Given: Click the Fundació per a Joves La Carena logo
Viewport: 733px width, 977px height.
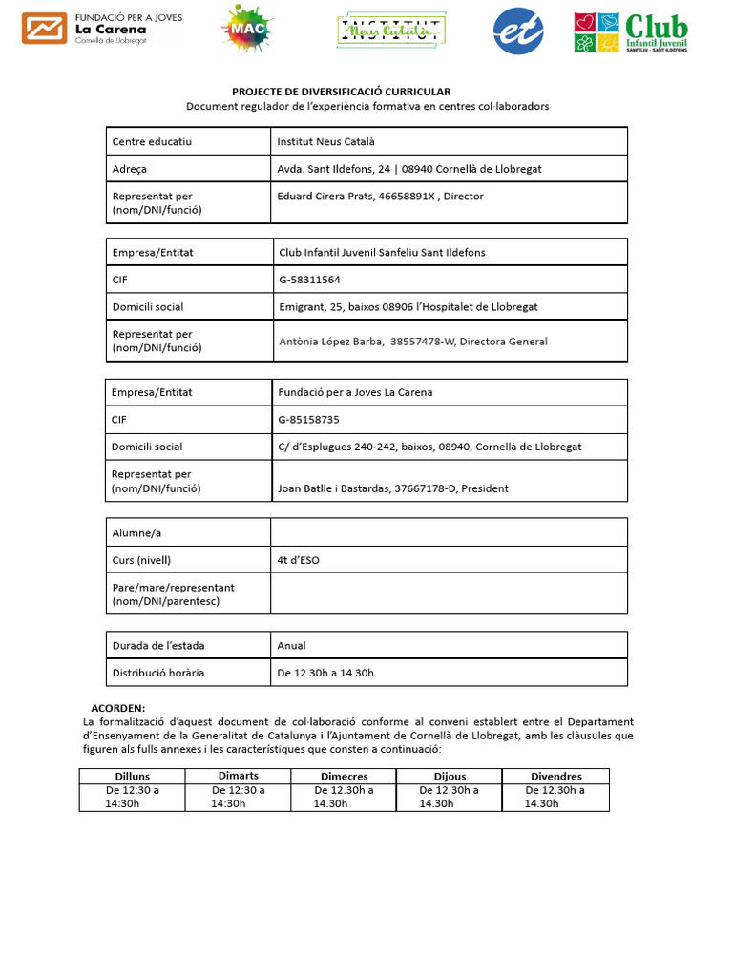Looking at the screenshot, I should (101, 30).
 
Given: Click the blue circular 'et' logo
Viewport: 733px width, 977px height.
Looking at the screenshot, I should (518, 31).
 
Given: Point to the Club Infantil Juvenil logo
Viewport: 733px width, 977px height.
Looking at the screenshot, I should (630, 31).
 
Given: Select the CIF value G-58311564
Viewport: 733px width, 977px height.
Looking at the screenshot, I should (309, 280).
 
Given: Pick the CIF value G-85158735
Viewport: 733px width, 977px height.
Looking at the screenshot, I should (308, 419).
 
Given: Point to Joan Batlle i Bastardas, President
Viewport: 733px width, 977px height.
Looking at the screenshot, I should (392, 488).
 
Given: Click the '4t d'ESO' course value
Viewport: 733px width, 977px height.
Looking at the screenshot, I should (298, 560).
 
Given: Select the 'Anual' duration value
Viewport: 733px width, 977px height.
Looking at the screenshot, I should (291, 646).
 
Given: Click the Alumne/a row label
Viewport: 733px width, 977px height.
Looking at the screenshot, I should (137, 532).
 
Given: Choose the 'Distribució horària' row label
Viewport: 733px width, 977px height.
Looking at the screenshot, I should (158, 673).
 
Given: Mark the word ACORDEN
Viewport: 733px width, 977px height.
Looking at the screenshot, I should (117, 708).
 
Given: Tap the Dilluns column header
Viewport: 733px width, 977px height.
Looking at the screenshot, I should (133, 777).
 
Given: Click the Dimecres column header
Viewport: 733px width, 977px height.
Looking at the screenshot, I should (344, 777).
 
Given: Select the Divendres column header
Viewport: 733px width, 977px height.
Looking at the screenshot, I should (556, 777).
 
